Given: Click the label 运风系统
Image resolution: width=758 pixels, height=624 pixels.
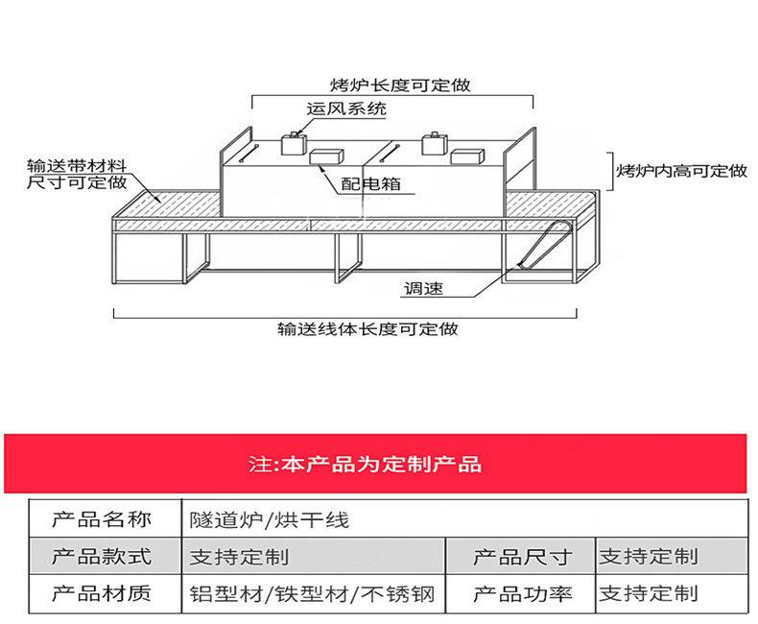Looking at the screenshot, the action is (x=346, y=108).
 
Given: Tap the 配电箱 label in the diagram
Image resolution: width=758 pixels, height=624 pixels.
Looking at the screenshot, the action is (x=370, y=183).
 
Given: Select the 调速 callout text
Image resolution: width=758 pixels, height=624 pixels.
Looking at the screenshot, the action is (x=423, y=289).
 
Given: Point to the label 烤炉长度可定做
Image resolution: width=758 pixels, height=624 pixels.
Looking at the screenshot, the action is (x=400, y=85).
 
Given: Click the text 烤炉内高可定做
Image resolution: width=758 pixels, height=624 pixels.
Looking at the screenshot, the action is (x=681, y=171).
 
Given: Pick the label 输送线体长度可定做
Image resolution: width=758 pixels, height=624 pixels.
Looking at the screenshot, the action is (x=367, y=329).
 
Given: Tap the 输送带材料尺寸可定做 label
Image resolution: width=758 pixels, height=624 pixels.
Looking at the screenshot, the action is (x=77, y=174).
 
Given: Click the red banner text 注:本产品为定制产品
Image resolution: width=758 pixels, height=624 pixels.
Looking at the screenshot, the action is (x=365, y=464).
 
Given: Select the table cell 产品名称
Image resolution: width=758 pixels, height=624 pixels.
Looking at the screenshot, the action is (x=102, y=519).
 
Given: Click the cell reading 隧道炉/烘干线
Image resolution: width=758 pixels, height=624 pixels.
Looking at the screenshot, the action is (x=269, y=520).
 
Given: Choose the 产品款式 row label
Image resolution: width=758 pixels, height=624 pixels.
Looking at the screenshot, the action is (x=102, y=556).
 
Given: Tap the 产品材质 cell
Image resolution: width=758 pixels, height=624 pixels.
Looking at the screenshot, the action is (x=102, y=593).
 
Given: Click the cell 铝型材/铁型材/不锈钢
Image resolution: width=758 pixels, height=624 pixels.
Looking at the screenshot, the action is (x=312, y=594).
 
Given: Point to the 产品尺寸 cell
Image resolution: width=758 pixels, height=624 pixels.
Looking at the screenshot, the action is (x=523, y=557).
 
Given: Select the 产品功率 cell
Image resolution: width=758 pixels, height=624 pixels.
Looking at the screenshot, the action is (x=523, y=593).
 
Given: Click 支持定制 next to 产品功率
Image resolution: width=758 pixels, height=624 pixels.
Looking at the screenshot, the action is (x=649, y=593).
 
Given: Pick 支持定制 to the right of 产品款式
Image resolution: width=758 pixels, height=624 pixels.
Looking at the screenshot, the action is (x=239, y=557).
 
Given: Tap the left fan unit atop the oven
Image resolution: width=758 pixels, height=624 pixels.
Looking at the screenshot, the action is (x=294, y=143).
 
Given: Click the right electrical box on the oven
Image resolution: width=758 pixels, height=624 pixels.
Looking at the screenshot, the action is (x=467, y=156).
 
